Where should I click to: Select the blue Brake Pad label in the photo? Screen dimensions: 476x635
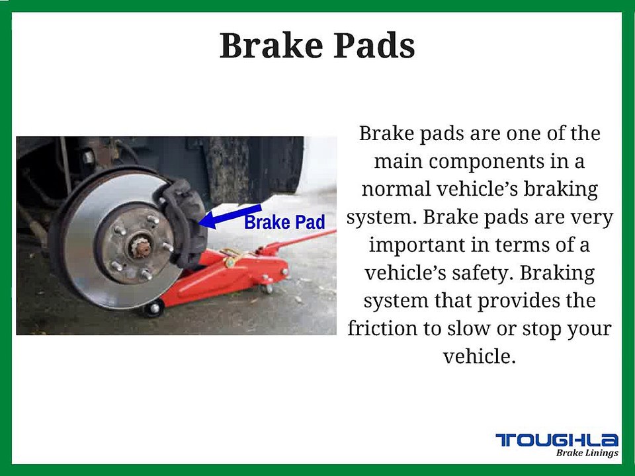coord(284,223)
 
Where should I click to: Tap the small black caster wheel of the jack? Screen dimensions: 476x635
coord(153,308)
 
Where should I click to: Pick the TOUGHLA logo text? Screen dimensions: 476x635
coord(557,440)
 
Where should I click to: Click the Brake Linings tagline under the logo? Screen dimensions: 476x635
coord(587,453)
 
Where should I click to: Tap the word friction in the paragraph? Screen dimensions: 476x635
coord(382,328)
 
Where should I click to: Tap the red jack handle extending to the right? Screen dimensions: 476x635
coord(304,239)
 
